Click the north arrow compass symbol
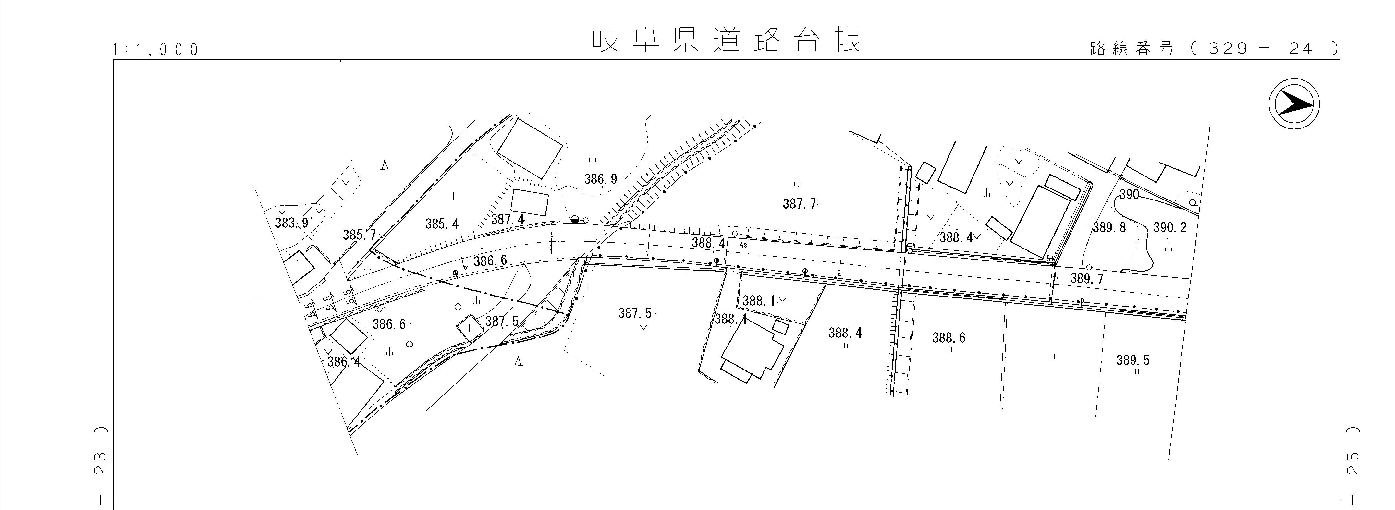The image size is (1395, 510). [x=1294, y=103]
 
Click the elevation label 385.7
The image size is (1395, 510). [x=359, y=235]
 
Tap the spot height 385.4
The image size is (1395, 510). [x=442, y=224]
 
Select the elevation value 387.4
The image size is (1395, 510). [x=508, y=219]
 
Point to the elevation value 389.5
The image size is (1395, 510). [x=1133, y=360]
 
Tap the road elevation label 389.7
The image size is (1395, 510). [x=1087, y=279]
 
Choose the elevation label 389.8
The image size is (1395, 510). [x=1109, y=227]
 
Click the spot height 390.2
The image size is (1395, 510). [x=1170, y=227]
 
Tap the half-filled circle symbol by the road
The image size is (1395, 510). [x=575, y=219]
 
